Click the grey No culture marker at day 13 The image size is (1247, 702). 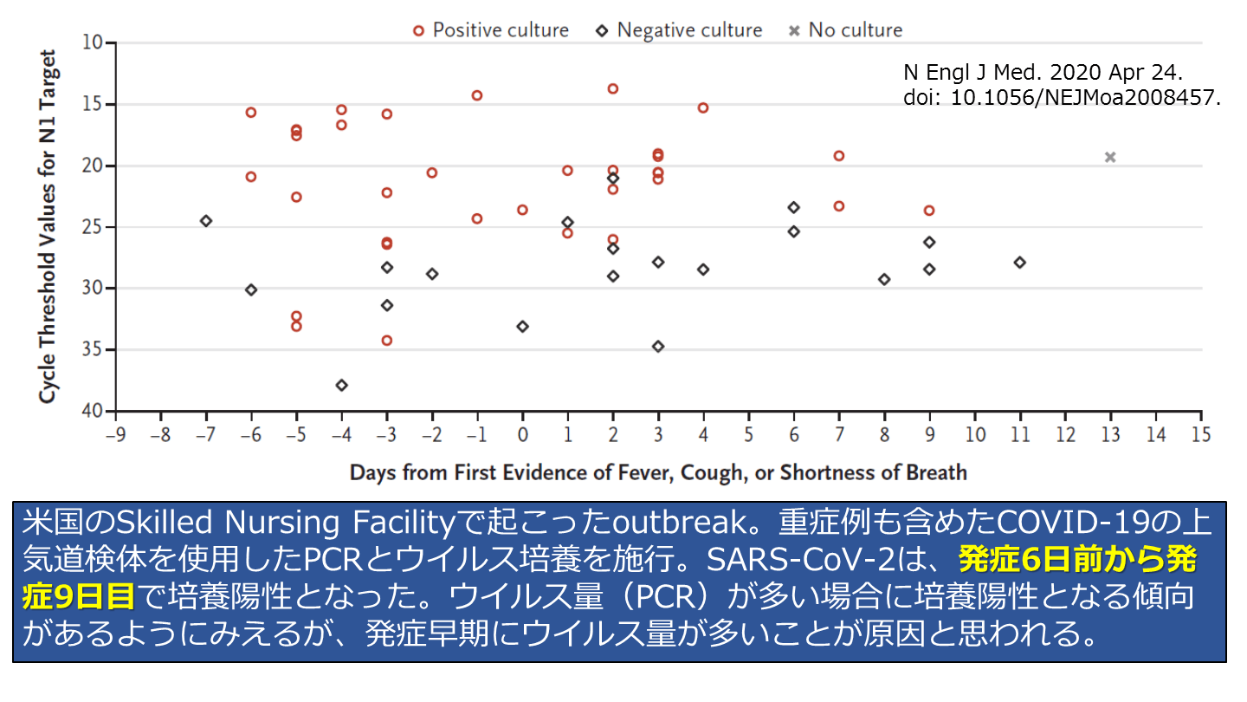1110,157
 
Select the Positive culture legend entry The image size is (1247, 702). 490,30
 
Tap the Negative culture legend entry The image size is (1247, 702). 679,30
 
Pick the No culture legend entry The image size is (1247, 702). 845,30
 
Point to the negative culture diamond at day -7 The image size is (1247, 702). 206,221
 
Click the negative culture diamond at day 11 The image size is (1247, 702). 1020,262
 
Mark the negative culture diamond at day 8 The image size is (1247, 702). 884,279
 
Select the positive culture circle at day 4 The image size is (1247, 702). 703,108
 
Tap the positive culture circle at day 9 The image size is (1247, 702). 929,211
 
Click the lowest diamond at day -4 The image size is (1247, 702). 342,385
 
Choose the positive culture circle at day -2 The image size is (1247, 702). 432,172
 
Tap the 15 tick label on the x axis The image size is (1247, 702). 1200,432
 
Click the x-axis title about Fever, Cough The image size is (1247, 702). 658,472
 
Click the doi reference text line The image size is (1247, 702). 1061,98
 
